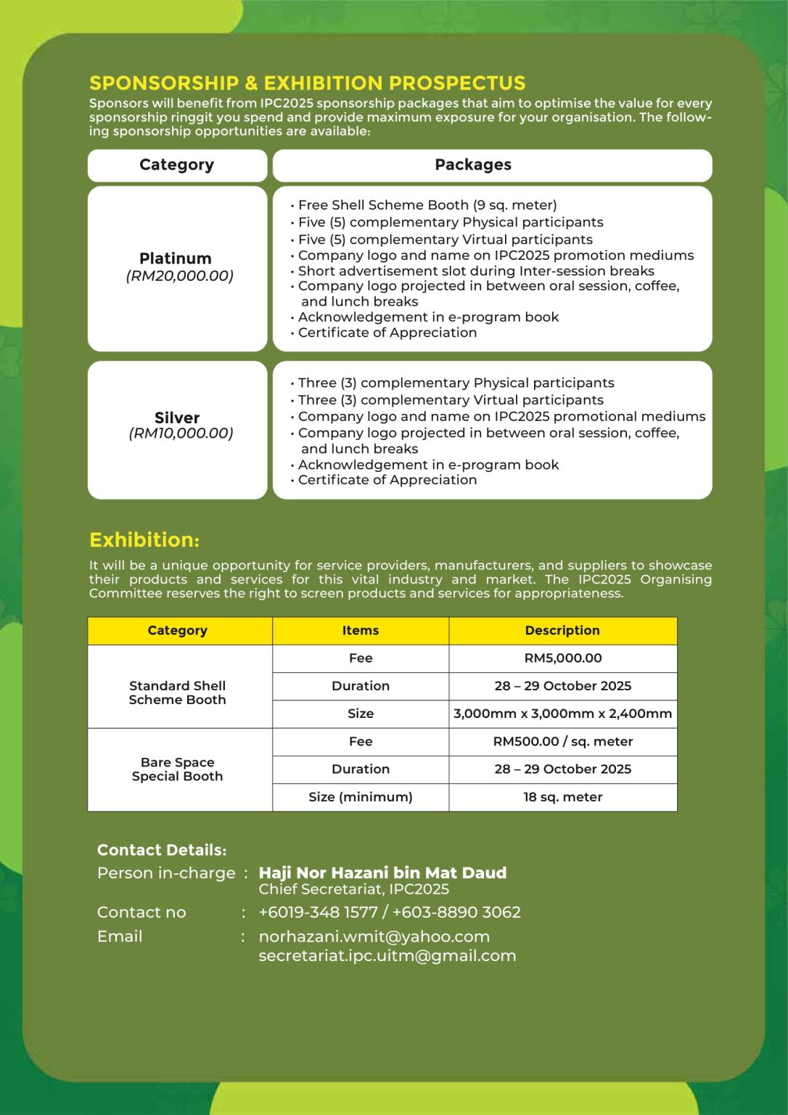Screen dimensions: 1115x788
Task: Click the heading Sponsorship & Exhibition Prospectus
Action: point(308,83)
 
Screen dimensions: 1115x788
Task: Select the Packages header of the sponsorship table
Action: point(473,165)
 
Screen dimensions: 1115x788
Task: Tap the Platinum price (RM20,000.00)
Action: point(179,276)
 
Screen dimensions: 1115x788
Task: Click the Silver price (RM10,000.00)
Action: point(181,433)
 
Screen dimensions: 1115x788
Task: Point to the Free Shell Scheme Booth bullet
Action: point(427,205)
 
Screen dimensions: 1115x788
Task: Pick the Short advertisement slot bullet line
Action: point(475,271)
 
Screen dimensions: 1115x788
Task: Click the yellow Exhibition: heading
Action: point(144,540)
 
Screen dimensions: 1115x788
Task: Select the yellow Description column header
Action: point(562,630)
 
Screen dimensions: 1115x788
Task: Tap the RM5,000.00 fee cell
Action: point(562,658)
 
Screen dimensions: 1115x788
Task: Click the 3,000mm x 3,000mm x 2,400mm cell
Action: point(562,714)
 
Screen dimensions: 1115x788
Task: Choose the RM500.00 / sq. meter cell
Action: point(562,741)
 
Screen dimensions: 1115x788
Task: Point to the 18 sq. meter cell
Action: point(562,797)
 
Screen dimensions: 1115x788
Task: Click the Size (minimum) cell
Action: point(361,797)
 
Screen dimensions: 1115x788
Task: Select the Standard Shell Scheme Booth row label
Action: point(178,693)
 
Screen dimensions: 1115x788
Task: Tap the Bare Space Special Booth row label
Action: point(178,769)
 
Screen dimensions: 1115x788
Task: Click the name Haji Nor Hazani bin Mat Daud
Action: point(382,873)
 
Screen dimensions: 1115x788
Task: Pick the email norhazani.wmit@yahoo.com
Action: point(374,936)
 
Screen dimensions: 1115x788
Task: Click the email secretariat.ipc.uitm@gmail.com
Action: point(387,955)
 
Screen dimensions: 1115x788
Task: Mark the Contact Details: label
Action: point(162,850)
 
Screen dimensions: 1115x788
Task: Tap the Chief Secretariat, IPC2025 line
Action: point(353,889)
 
